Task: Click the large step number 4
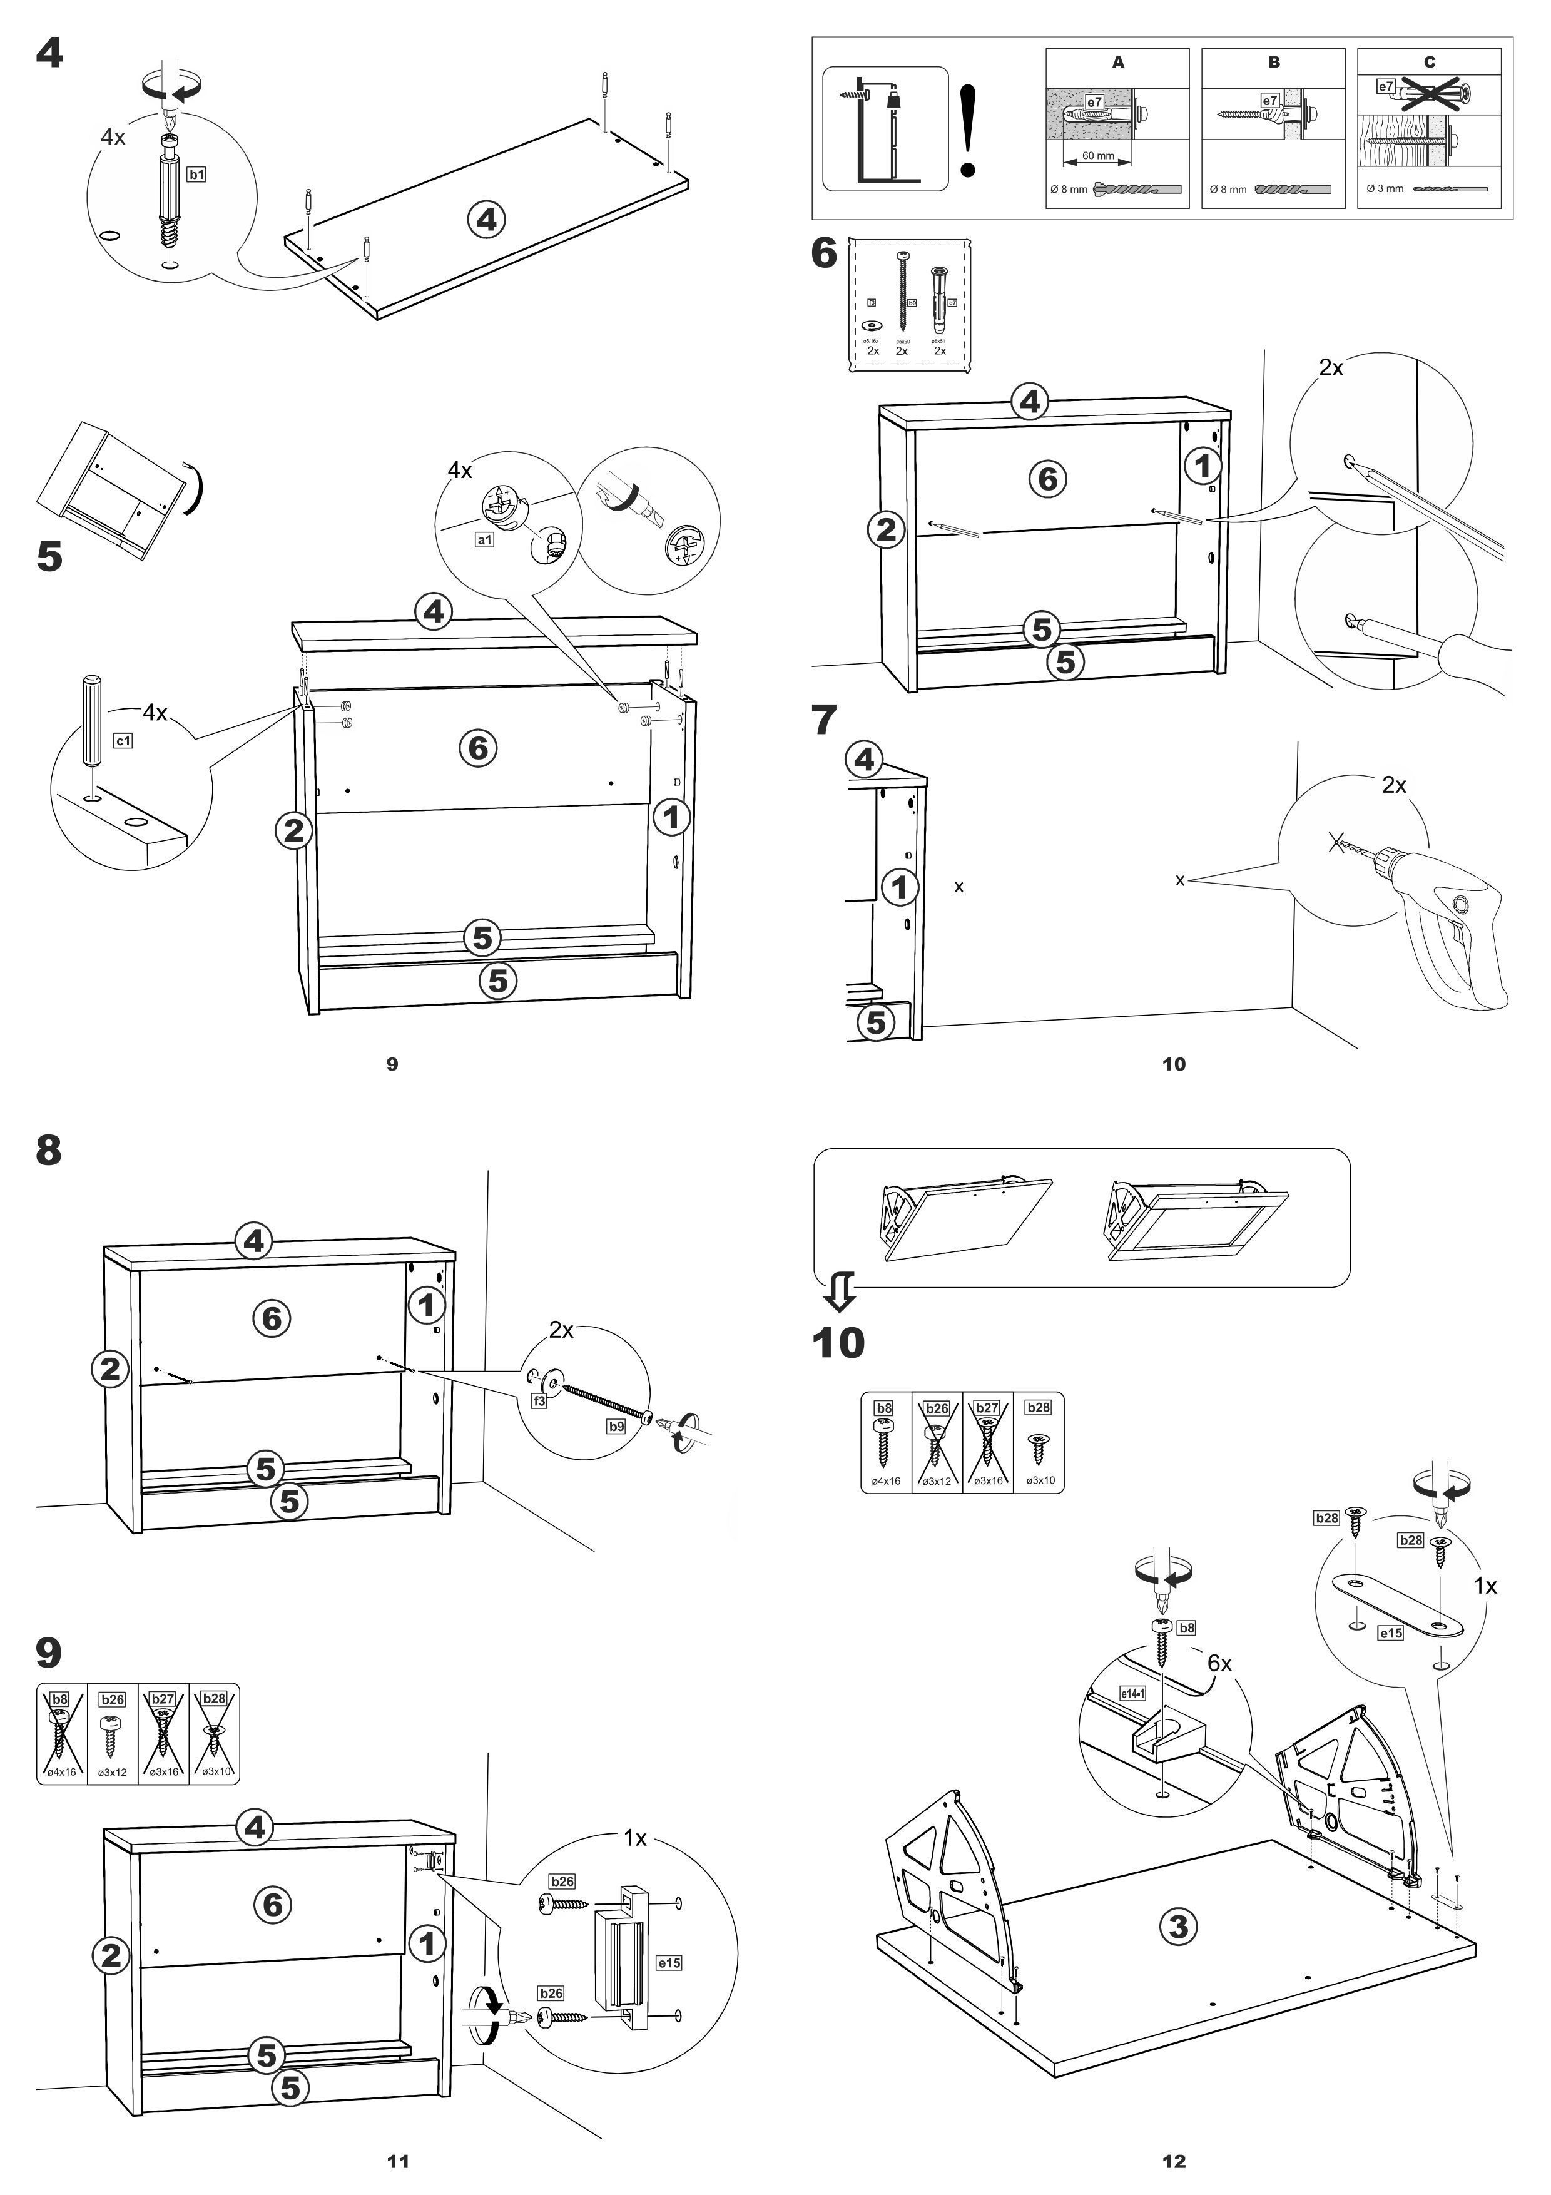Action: [49, 54]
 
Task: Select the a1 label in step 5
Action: [484, 540]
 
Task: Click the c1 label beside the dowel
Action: [123, 741]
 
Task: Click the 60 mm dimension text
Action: [1098, 156]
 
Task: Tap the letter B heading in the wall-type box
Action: [1274, 62]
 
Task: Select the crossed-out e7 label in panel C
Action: [1386, 87]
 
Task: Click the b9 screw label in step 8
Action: [616, 1427]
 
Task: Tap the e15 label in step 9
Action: [669, 1963]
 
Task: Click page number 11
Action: [397, 2162]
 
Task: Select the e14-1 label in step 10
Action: [1132, 1693]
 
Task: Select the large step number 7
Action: [824, 720]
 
